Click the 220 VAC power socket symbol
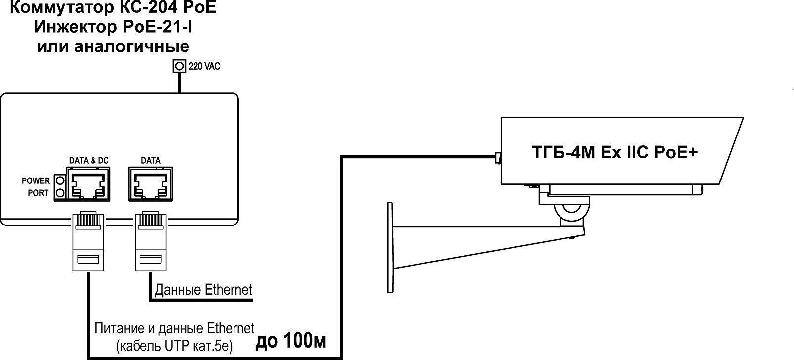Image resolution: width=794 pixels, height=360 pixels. [179, 66]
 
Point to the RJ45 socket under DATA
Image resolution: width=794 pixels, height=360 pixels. [150, 184]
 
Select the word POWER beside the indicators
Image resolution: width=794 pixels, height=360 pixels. [36, 181]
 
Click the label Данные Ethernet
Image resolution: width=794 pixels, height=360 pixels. [204, 289]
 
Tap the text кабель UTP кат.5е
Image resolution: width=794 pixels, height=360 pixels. [174, 345]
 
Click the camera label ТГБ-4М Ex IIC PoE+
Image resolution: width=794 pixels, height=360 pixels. [614, 152]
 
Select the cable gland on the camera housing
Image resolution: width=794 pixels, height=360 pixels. [497, 158]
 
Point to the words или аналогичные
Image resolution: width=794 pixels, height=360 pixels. [113, 46]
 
